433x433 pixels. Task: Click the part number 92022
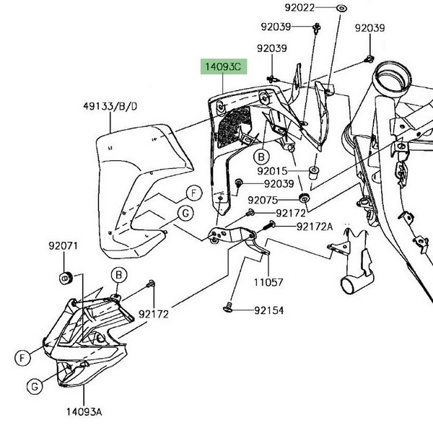299,8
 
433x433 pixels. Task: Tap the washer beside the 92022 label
341,8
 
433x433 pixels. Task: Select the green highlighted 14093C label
224,67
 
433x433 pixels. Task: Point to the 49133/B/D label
109,108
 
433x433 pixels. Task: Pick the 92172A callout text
315,226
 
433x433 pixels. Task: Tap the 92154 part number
268,310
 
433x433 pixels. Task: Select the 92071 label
63,246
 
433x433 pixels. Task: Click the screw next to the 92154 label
228,309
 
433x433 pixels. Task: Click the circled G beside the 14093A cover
33,388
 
